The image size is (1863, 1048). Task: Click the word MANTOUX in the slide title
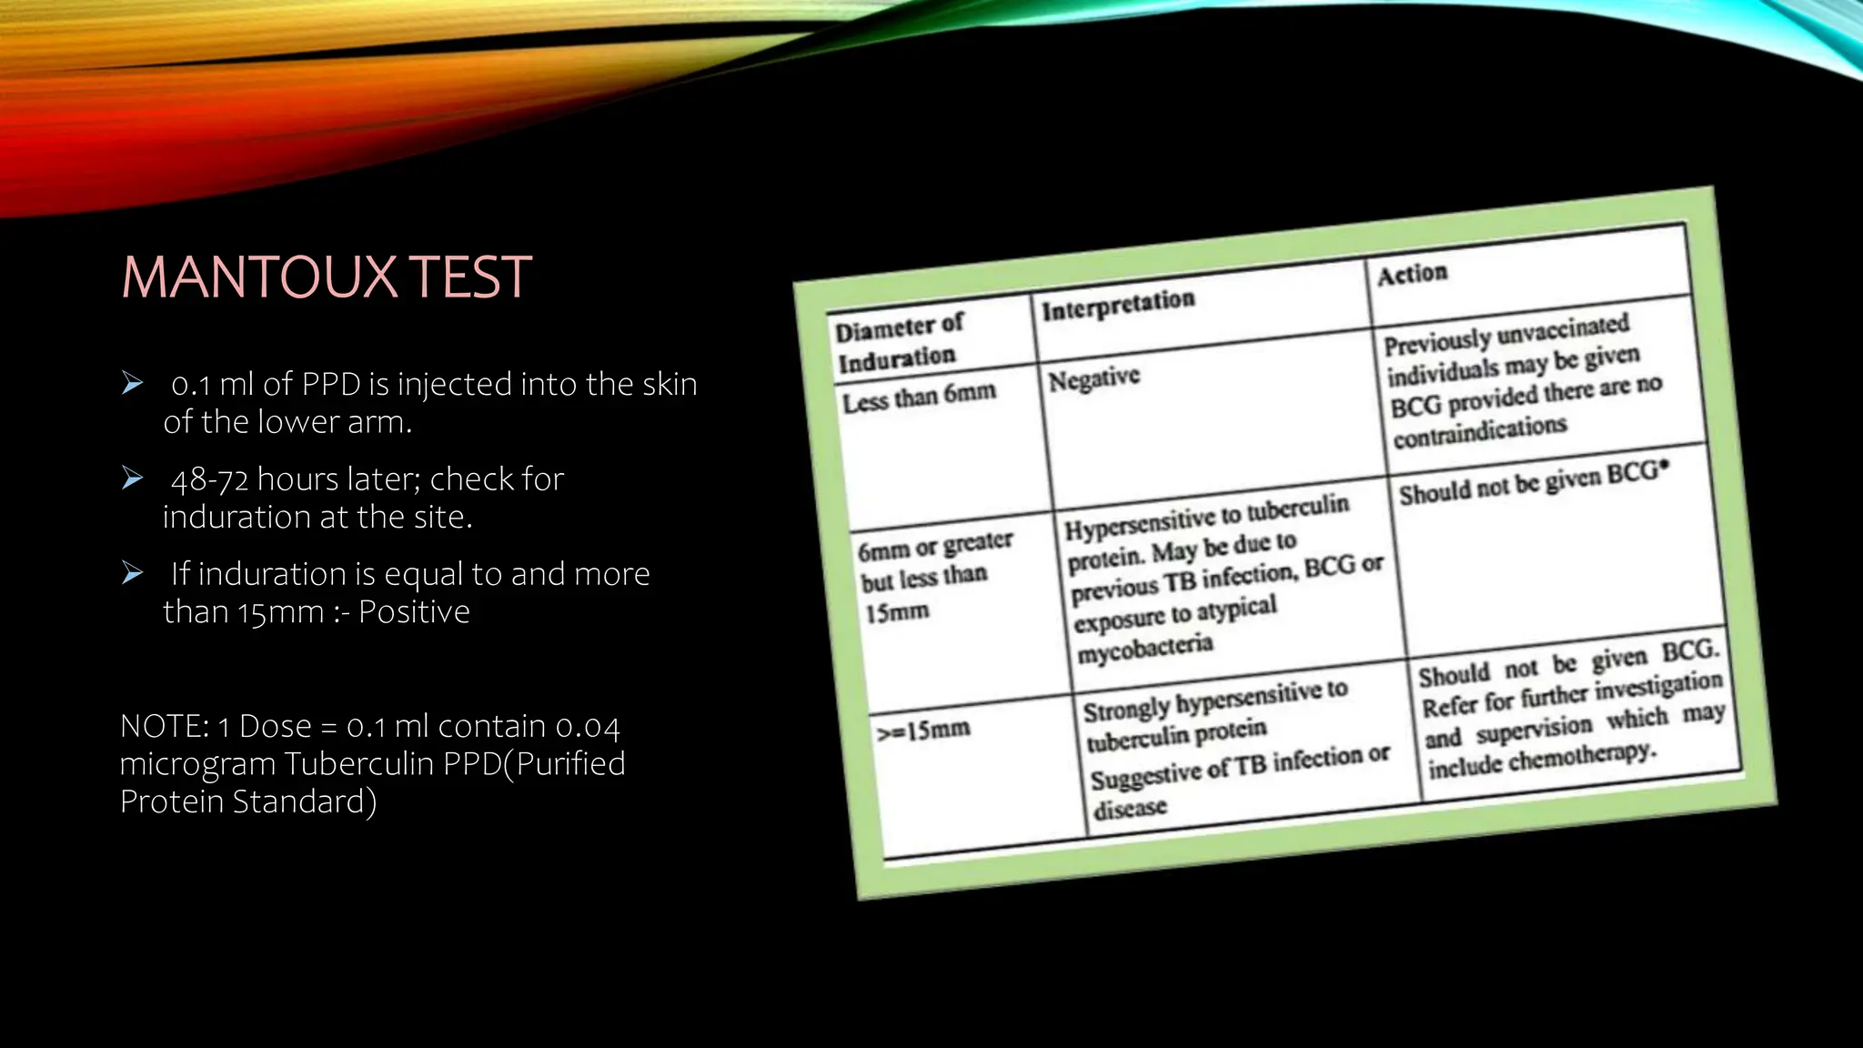coord(259,277)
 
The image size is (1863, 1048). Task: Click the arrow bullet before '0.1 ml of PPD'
coord(133,383)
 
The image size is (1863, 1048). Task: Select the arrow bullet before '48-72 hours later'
coord(133,478)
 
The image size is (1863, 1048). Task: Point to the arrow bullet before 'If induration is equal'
coord(133,572)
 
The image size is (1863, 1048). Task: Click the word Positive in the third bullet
coord(414,612)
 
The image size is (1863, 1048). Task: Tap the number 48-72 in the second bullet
coord(209,479)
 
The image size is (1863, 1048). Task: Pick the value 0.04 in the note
coord(588,727)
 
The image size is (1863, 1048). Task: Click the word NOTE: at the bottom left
coord(165,727)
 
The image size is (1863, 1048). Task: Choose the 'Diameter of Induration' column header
coord(898,342)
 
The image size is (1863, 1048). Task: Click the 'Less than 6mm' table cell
coord(919,398)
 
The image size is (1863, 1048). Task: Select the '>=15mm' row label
coord(923,730)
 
